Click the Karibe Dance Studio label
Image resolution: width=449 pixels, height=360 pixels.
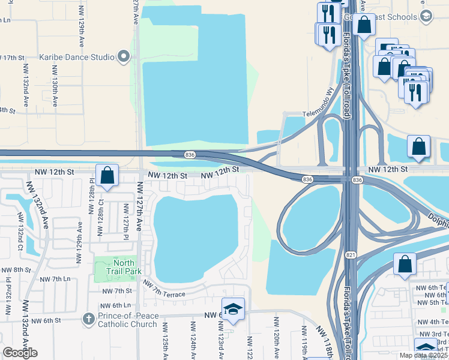77,58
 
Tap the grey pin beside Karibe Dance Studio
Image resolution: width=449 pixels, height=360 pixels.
124,58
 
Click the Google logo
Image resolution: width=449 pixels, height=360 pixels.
20,353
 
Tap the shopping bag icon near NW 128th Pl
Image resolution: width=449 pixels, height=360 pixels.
107,176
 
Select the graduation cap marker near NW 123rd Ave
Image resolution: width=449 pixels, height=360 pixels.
233,309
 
